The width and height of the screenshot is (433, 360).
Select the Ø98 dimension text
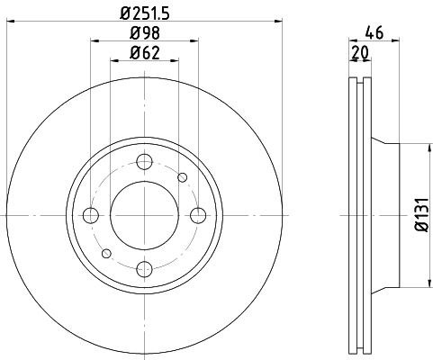143,34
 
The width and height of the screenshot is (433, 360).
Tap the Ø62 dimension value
143,53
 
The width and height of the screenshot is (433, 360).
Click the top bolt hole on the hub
143,162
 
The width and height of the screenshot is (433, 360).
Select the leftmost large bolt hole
90,215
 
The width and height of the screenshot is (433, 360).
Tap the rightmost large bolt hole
197,215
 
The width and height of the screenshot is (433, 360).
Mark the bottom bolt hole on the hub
143,268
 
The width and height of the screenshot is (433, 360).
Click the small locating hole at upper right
182,177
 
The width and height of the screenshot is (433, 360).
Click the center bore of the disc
143,215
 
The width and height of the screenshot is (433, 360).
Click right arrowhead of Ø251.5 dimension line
279,22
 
